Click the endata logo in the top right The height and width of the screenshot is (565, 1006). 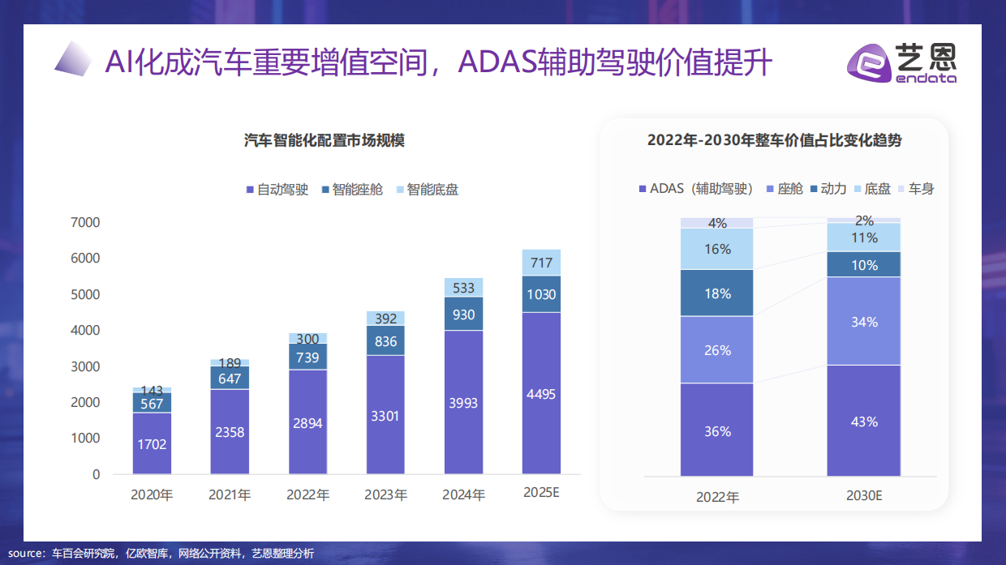901,62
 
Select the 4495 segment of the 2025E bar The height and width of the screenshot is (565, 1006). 541,393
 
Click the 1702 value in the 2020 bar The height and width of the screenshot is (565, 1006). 152,443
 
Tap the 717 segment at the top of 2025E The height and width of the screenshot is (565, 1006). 541,263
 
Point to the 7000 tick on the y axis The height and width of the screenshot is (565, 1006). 85,222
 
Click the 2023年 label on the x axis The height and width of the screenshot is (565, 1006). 386,494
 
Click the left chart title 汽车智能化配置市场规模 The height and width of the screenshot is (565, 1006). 324,140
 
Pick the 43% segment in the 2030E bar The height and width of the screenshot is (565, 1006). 864,421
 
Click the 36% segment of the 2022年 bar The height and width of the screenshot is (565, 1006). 717,430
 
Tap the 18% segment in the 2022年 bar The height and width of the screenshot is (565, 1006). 717,293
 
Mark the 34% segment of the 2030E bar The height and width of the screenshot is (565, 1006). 864,322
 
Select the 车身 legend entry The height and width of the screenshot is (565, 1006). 914,189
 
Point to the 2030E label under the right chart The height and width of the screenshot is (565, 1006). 863,495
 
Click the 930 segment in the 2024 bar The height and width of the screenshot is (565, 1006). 463,314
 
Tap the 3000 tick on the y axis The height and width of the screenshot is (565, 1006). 85,366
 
